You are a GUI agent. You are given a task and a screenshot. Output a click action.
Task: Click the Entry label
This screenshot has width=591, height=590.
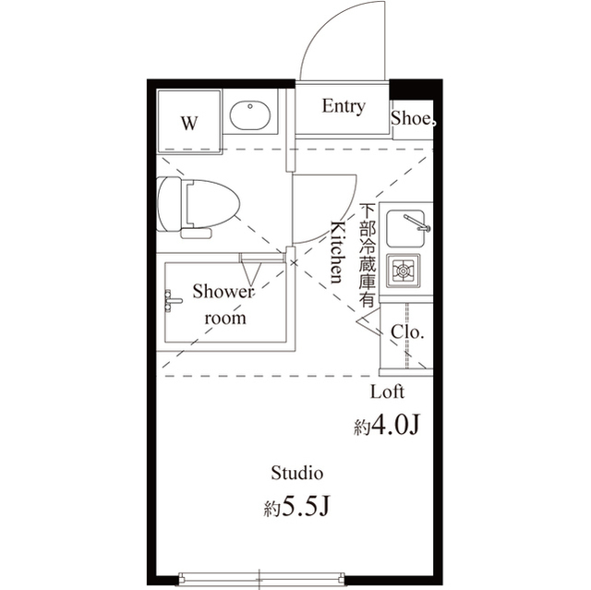[343, 106]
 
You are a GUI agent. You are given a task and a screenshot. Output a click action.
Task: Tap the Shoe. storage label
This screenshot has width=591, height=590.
[414, 118]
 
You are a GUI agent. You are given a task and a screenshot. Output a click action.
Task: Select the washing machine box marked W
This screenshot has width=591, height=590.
[189, 123]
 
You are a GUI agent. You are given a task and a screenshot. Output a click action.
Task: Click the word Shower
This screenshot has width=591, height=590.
[223, 292]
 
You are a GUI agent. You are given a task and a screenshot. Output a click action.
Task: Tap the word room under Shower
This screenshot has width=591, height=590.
[225, 318]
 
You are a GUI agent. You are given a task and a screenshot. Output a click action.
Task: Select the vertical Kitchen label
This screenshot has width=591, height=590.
[338, 252]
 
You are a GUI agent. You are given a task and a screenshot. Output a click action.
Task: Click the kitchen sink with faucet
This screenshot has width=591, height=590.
[407, 225]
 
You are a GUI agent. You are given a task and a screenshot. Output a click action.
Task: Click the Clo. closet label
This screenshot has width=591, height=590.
[407, 331]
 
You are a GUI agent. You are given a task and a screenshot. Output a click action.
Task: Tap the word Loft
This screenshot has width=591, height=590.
[387, 391]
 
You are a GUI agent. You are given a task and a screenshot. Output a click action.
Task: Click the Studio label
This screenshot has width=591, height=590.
[296, 474]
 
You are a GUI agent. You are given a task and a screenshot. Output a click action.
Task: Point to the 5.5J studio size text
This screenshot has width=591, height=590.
[296, 507]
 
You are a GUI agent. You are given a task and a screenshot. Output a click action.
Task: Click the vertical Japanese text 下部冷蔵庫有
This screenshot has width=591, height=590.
[367, 255]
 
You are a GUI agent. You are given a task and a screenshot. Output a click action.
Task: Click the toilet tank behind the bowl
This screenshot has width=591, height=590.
[167, 202]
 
